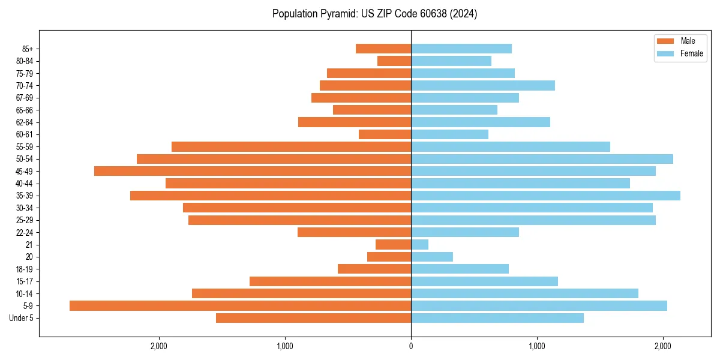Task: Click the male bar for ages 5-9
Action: (x=240, y=305)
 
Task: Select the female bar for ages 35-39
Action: (x=545, y=196)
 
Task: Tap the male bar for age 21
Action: (x=393, y=245)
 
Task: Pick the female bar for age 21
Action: (x=419, y=245)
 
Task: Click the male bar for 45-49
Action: (x=253, y=171)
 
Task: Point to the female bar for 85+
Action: (x=461, y=49)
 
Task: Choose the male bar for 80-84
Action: (x=394, y=61)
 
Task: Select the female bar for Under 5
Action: (x=497, y=318)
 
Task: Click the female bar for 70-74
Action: (x=483, y=85)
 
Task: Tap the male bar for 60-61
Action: (x=385, y=134)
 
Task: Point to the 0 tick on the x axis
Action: (x=411, y=346)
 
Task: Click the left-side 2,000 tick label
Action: (x=159, y=346)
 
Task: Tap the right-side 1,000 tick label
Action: (x=537, y=346)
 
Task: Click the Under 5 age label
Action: (x=21, y=318)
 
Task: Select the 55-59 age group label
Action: (x=25, y=146)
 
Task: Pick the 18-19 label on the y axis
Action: (x=25, y=269)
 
